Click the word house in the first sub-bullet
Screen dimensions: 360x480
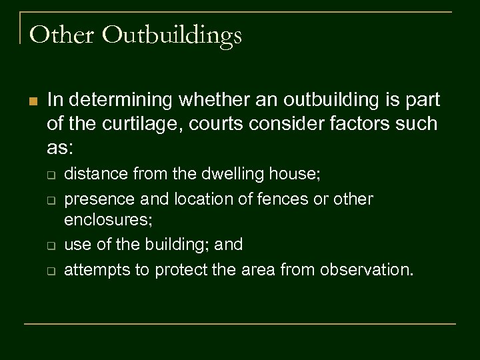coord(301,174)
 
